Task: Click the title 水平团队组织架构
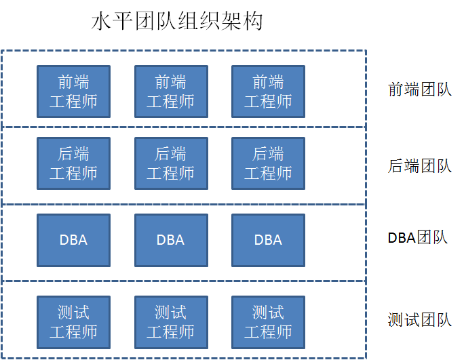[177, 22]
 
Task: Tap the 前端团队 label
[419, 90]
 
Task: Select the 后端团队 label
[419, 165]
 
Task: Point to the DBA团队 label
[418, 238]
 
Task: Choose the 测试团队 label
[419, 319]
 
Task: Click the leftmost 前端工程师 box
[73, 92]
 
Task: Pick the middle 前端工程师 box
[171, 92]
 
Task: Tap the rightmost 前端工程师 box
[268, 92]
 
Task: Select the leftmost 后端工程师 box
[73, 163]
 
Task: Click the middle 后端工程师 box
[171, 163]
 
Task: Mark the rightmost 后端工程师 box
[268, 163]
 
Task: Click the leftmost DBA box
[73, 240]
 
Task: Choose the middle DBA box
[171, 240]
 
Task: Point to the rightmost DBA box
[268, 240]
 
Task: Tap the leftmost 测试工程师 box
[73, 322]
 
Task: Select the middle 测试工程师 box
[171, 322]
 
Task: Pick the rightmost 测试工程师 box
[268, 322]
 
